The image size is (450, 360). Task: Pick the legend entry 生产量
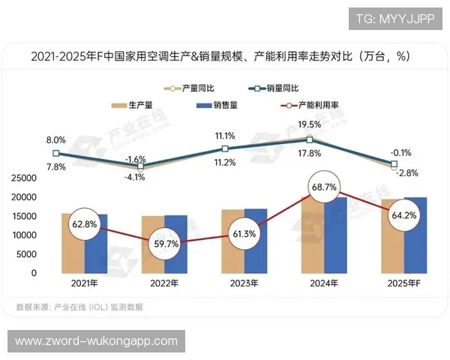pyautogui.click(x=135, y=105)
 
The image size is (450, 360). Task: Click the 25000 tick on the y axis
pyautogui.click(x=25, y=178)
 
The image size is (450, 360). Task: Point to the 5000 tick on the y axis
pyautogui.click(x=28, y=254)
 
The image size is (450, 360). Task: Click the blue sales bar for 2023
pyautogui.click(x=256, y=241)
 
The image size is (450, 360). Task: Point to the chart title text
pyautogui.click(x=225, y=56)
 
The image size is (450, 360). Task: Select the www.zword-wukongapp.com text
pyautogui.click(x=96, y=341)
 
